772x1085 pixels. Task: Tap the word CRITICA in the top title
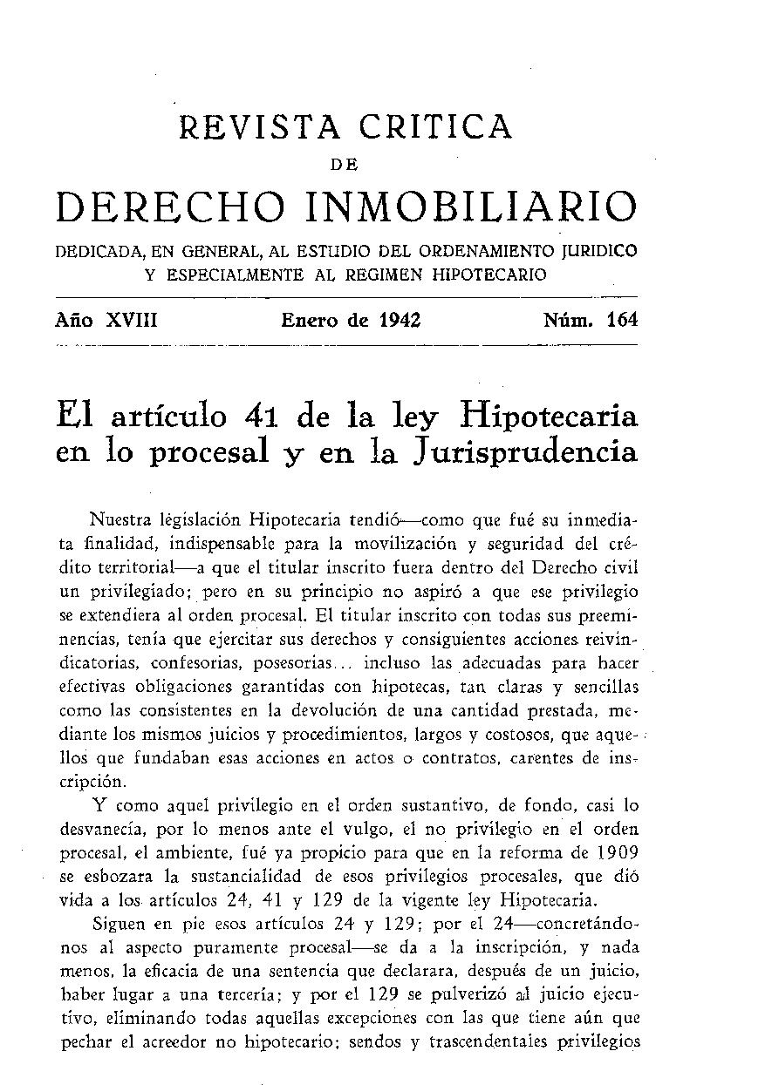[435, 128]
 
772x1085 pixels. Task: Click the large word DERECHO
[171, 208]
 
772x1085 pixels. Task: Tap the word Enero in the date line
[310, 320]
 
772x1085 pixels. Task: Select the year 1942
[400, 320]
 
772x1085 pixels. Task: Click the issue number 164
[623, 320]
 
